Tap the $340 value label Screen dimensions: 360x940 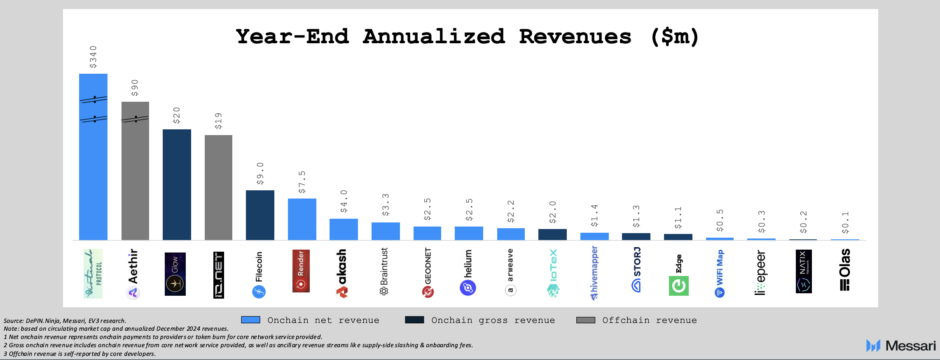pyautogui.click(x=94, y=57)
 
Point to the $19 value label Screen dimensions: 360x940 pyautogui.click(x=218, y=121)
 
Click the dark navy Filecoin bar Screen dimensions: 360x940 pyautogui.click(x=260, y=215)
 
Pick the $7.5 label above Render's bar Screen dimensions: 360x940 pyautogui.click(x=302, y=182)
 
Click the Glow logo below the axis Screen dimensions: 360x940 pyautogui.click(x=175, y=274)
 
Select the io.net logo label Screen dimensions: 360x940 pyautogui.click(x=219, y=275)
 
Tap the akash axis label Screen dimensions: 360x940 pyautogui.click(x=342, y=273)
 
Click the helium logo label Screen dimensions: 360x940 pyautogui.click(x=468, y=272)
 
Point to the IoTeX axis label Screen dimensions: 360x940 pyautogui.click(x=553, y=273)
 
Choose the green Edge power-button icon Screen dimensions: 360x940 pyautogui.click(x=678, y=286)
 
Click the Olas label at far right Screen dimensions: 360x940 pyautogui.click(x=845, y=270)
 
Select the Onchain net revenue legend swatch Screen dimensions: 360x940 pyautogui.click(x=250, y=320)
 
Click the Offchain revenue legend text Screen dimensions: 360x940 pyautogui.click(x=649, y=320)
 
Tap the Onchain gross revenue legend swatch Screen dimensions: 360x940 pyautogui.click(x=414, y=320)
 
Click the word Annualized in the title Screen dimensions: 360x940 pyautogui.click(x=434, y=37)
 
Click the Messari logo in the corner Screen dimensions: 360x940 pyautogui.click(x=900, y=346)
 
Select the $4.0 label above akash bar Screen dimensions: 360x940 pyautogui.click(x=344, y=201)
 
